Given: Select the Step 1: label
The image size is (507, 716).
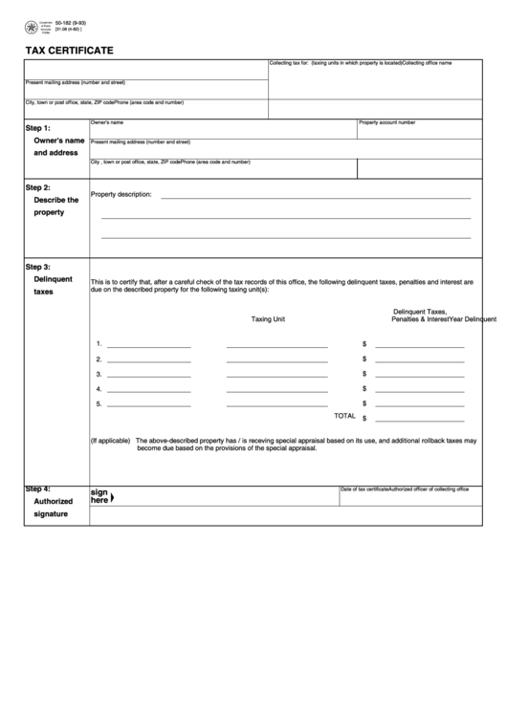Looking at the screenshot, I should coord(38,127).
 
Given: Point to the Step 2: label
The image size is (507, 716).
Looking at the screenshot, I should coord(38,187).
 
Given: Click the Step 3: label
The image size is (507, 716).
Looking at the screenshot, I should coord(38,267).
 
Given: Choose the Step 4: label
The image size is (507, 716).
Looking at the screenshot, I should coord(38,488).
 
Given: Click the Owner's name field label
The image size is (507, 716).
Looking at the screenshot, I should coord(107,122).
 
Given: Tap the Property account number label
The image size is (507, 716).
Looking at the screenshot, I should coord(386,122).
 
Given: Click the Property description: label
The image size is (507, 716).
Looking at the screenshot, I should coord(121,194).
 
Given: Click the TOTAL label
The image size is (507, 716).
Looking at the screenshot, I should coord(343,416).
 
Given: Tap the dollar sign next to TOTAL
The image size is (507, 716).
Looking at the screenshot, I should coord(364,418).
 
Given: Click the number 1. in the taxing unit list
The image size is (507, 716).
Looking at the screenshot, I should coord(99,343).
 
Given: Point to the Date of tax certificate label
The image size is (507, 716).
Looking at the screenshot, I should coord(364,488).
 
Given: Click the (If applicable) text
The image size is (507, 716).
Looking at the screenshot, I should coord(110,441).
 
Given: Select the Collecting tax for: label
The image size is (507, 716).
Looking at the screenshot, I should coord(288,62).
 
